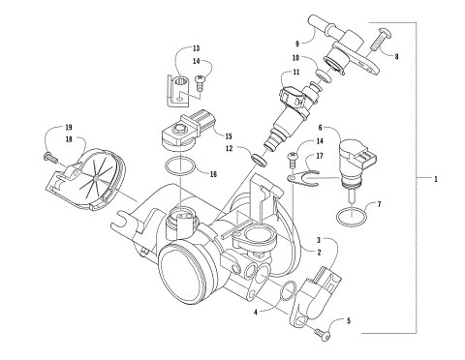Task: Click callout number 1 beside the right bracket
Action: [437, 179]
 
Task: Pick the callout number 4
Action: [255, 312]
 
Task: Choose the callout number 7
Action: [379, 205]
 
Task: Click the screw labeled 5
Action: [324, 334]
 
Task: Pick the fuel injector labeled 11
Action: [291, 106]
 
